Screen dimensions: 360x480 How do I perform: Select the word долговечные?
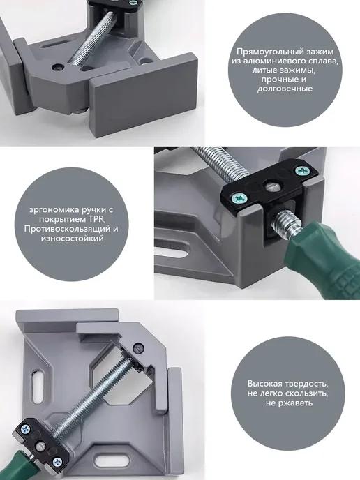285,89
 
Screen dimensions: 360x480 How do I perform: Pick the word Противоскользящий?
65,229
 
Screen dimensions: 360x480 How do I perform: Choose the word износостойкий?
72,238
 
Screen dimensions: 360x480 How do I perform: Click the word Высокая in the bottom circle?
263,384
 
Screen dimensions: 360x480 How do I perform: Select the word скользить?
306,393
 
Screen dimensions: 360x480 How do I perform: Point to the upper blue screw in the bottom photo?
26,430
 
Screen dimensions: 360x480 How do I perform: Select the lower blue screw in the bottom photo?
57,462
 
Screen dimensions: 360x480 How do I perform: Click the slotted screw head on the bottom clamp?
138,347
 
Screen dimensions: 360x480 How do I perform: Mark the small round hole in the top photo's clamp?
57,66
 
